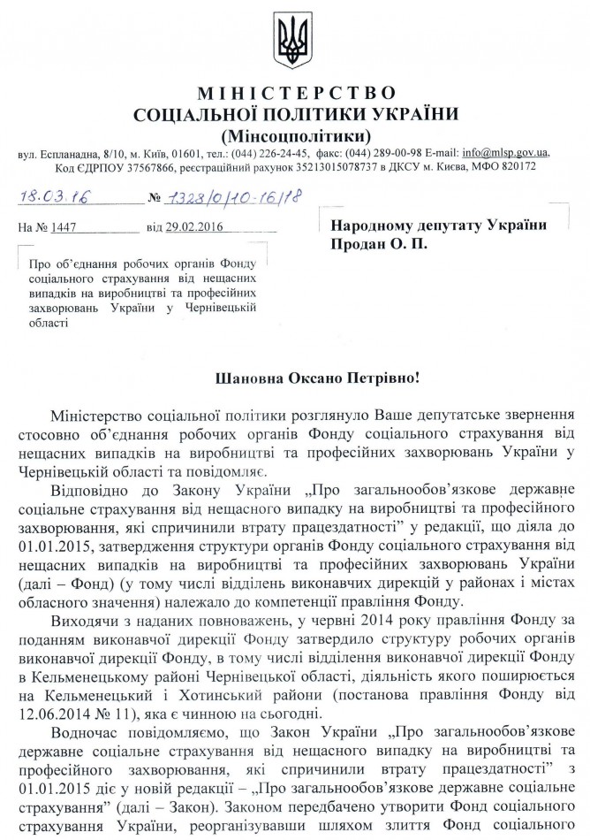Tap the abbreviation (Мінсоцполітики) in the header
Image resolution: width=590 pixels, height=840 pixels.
point(296,134)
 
